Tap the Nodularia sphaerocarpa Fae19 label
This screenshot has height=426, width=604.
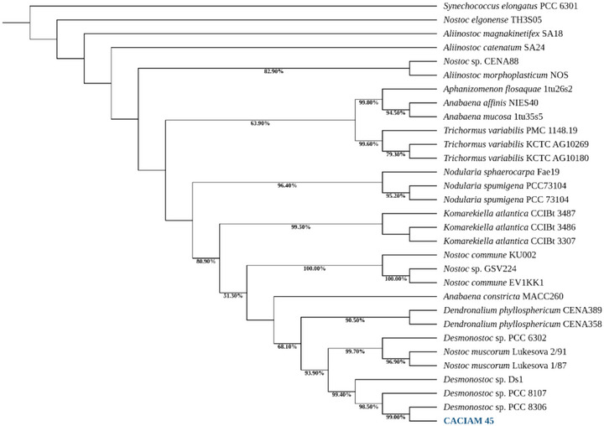coord(492,173)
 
